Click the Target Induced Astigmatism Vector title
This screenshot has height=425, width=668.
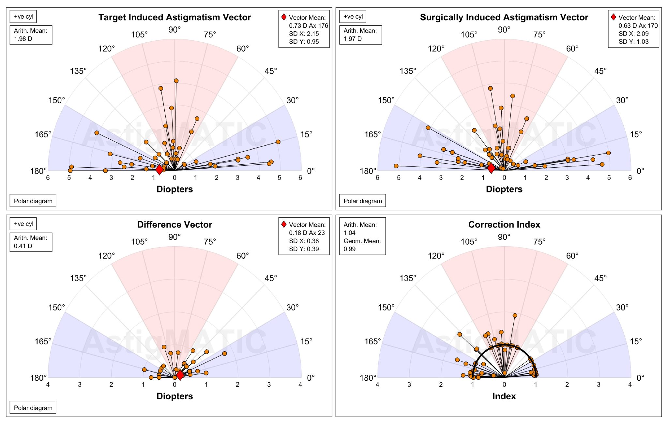(x=175, y=17)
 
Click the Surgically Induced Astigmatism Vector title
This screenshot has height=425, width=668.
(x=504, y=17)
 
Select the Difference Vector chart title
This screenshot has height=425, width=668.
(x=175, y=224)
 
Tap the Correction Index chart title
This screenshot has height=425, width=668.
(x=504, y=224)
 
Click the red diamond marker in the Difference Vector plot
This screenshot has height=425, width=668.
(x=180, y=375)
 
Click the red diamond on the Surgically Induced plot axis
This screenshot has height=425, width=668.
(x=491, y=168)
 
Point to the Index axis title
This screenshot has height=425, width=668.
(x=504, y=396)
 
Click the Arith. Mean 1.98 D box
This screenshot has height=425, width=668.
(x=31, y=35)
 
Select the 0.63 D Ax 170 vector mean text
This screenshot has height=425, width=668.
(x=638, y=25)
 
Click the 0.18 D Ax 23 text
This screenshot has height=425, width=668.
(x=307, y=233)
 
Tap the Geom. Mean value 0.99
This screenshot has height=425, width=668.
(x=349, y=249)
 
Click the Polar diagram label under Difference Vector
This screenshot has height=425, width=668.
(x=33, y=408)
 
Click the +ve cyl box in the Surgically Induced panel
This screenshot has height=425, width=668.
(x=353, y=17)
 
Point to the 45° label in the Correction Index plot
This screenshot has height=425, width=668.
(x=600, y=278)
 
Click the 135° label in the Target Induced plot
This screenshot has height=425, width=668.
(x=78, y=71)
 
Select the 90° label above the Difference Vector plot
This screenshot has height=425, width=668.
(x=175, y=237)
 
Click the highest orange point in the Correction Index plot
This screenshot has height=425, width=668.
(x=515, y=315)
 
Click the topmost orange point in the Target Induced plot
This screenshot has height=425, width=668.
(x=176, y=81)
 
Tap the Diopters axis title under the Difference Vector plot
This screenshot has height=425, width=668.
(x=175, y=396)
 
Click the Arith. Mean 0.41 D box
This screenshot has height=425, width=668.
(x=31, y=242)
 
